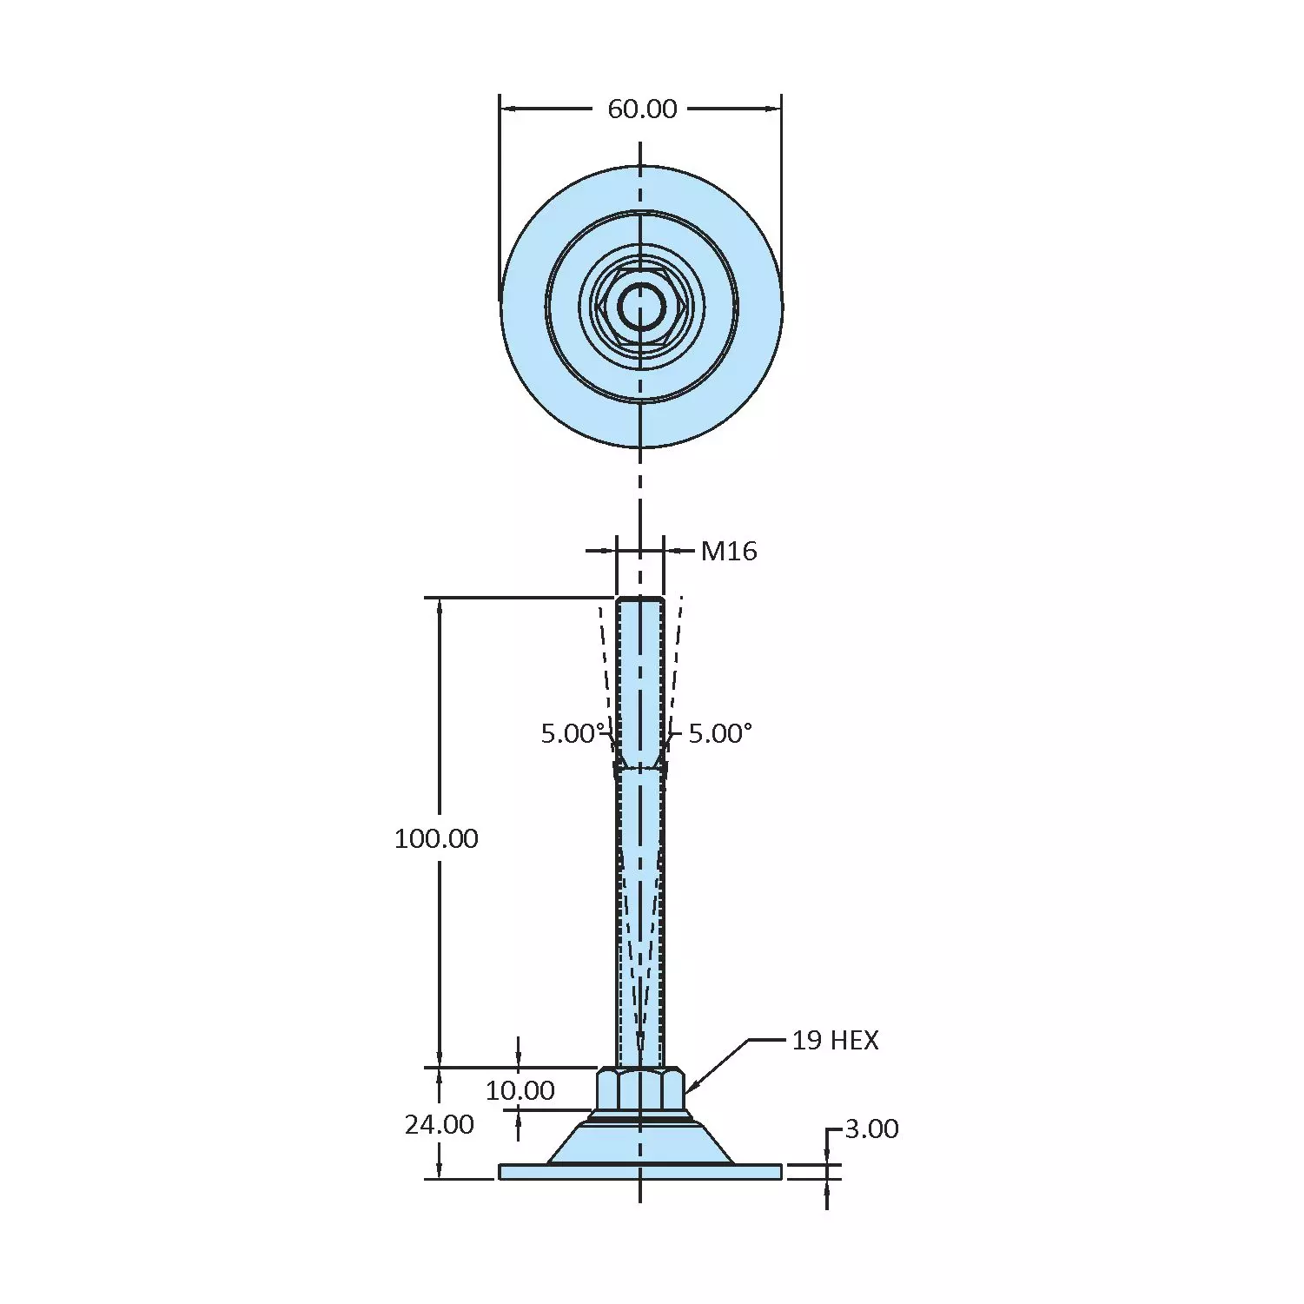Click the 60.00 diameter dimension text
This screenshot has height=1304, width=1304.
pyautogui.click(x=642, y=109)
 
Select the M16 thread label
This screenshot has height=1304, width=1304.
pyautogui.click(x=729, y=551)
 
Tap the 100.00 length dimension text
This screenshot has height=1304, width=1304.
pyautogui.click(x=436, y=838)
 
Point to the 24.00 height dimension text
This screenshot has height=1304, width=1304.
pyautogui.click(x=440, y=1125)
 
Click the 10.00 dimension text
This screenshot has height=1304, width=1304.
pyautogui.click(x=520, y=1090)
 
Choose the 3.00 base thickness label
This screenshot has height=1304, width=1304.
pyautogui.click(x=871, y=1129)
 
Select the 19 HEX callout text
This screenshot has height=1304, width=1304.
pyautogui.click(x=835, y=1040)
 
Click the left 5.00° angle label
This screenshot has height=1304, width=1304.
pyautogui.click(x=572, y=733)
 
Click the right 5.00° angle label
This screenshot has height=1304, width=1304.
pyautogui.click(x=720, y=733)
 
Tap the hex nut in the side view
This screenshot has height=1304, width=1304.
pyautogui.click(x=640, y=1089)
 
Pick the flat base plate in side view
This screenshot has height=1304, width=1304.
pyautogui.click(x=640, y=1172)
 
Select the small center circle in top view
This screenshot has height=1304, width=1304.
pyautogui.click(x=641, y=307)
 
